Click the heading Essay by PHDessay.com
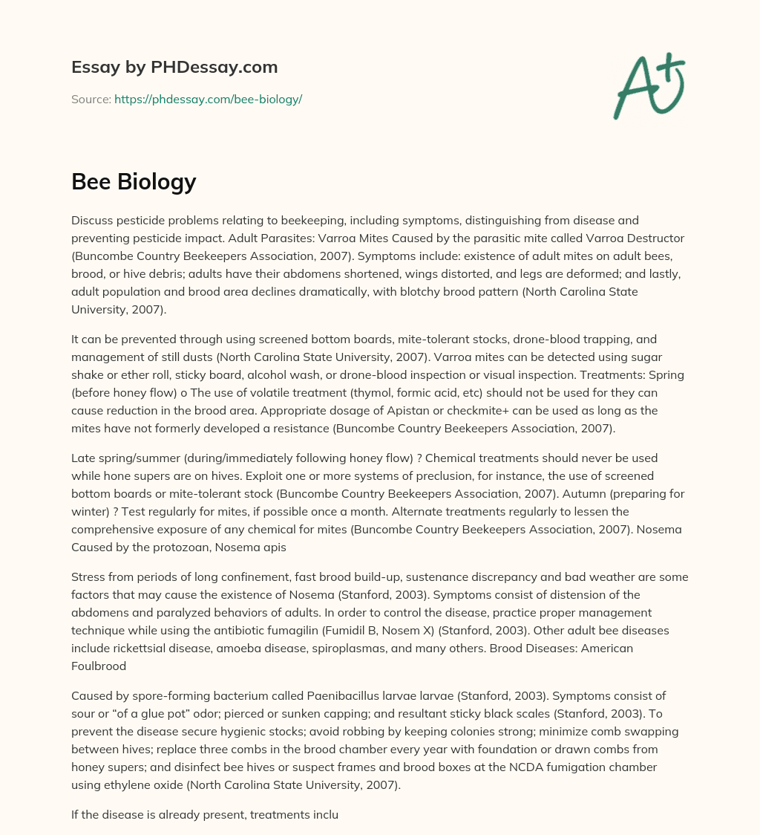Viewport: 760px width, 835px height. [x=174, y=68]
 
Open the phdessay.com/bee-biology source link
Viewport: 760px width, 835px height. [x=208, y=99]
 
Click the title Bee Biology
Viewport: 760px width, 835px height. [x=134, y=181]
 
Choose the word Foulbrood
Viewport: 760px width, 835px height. [x=100, y=666]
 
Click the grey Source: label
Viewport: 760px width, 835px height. [x=91, y=99]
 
